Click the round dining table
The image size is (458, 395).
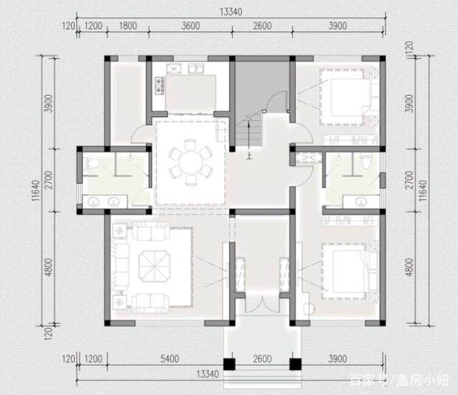[x=190, y=162]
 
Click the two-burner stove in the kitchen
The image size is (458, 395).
[x=160, y=86]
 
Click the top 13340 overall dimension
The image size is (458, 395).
[x=230, y=11]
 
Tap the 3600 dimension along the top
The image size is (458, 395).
[x=191, y=26]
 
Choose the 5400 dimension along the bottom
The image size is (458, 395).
[x=170, y=358]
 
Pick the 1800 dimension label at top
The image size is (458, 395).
[x=128, y=26]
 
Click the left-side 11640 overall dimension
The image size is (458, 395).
[x=35, y=190]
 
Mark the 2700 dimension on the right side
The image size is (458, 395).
[x=409, y=180]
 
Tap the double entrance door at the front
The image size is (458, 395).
[x=263, y=304]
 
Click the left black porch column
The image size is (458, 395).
[x=229, y=364]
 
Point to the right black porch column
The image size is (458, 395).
[x=296, y=364]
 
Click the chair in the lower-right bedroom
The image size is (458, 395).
[x=309, y=308]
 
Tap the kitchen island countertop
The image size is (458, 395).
[x=191, y=93]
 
